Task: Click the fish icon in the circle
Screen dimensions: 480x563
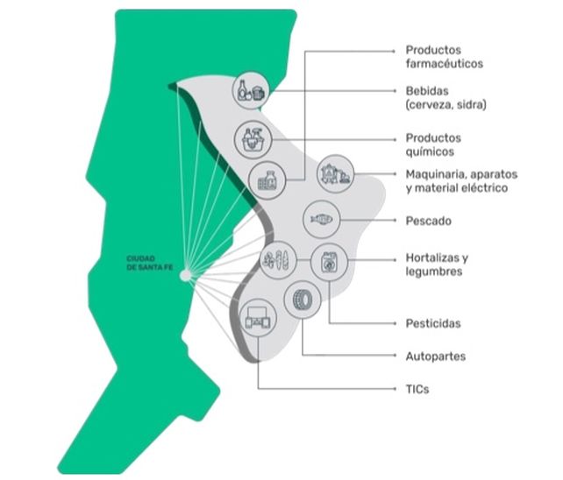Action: click(322, 219)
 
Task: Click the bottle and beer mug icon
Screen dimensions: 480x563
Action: click(251, 91)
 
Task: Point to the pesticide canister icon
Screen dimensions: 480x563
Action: click(330, 262)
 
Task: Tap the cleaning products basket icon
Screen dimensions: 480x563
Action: click(253, 138)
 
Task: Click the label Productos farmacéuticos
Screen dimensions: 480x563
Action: click(445, 57)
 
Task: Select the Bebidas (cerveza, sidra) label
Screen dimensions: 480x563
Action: click(445, 97)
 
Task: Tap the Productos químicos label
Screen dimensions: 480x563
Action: click(433, 144)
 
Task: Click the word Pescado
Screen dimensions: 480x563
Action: click(429, 221)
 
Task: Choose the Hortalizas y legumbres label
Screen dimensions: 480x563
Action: click(438, 265)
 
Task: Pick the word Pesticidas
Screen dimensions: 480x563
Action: click(433, 323)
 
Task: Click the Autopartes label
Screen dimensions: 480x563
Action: click(435, 356)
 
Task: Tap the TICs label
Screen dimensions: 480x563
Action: click(417, 388)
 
